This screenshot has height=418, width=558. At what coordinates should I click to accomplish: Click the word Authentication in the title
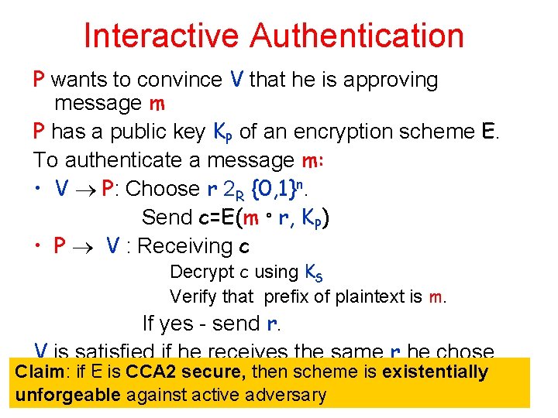357,36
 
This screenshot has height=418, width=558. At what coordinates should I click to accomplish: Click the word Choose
162,189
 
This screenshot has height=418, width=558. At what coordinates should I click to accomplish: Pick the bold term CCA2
154,372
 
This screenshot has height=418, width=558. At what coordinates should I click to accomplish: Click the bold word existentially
435,372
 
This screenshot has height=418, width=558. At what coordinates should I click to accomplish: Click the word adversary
288,395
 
